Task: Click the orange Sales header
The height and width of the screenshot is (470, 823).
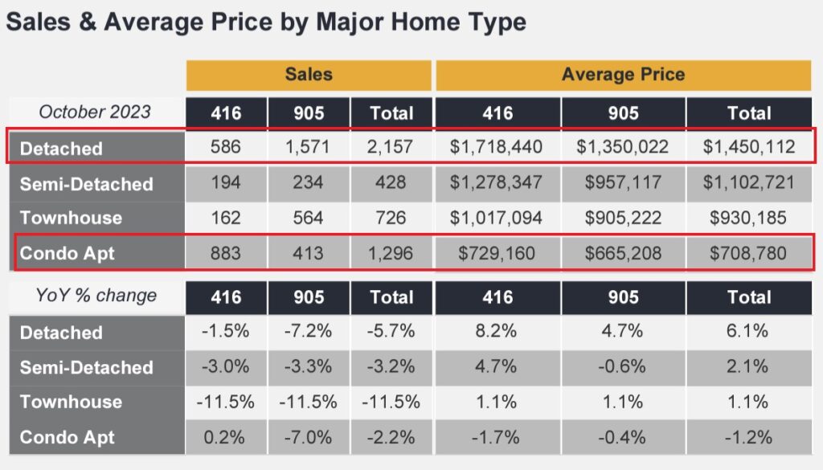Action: [308, 75]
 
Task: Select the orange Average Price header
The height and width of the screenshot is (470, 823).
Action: [623, 75]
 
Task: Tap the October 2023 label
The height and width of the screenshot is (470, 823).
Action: [95, 112]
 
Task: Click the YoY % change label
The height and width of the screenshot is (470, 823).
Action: [95, 296]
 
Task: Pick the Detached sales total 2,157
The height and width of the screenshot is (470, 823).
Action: [391, 148]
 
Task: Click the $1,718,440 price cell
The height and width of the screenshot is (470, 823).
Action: [497, 148]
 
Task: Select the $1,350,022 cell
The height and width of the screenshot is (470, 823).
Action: [623, 148]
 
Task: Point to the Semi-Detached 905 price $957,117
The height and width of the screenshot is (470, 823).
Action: [623, 183]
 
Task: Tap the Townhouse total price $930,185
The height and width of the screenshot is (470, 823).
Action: [749, 218]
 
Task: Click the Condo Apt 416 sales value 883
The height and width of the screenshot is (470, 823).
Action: [226, 254]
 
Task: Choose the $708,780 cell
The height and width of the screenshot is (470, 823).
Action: [749, 254]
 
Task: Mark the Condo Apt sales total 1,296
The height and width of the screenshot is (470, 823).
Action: [391, 254]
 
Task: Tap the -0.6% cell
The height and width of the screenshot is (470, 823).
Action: [623, 367]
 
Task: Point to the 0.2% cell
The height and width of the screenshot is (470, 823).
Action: [226, 438]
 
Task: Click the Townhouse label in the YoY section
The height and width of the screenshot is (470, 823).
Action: [71, 402]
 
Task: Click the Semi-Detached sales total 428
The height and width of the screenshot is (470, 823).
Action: [391, 183]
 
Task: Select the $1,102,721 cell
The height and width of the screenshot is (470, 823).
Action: [749, 183]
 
